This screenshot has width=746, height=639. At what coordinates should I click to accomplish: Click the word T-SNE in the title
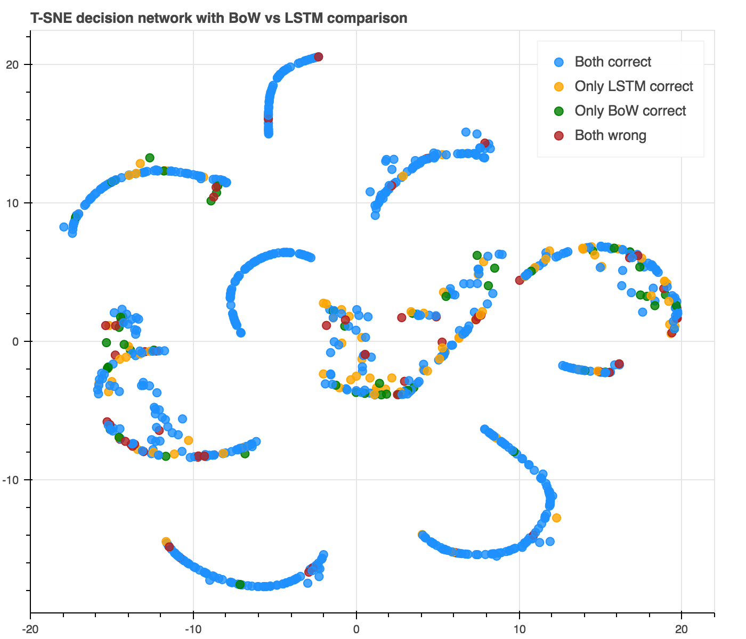[52, 18]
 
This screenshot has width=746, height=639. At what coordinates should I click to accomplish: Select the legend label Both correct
[613, 62]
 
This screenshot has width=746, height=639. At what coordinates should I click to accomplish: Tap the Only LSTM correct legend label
[634, 86]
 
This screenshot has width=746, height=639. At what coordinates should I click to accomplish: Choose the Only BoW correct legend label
[630, 111]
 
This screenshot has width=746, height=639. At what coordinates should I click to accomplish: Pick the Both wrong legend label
[610, 135]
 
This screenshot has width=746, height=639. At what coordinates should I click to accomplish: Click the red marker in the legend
[559, 135]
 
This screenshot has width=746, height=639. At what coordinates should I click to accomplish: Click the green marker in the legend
[559, 111]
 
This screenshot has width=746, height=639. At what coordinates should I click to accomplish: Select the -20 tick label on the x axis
[30, 628]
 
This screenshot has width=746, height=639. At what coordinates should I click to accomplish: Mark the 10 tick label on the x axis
[519, 628]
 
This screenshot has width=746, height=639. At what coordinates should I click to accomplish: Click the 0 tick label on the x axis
[356, 628]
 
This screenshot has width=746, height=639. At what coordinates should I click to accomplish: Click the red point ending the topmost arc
[319, 57]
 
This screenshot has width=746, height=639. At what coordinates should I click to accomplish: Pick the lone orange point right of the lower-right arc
[556, 518]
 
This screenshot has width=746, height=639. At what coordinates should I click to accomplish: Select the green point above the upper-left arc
[150, 158]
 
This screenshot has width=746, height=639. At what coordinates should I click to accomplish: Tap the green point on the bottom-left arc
[240, 584]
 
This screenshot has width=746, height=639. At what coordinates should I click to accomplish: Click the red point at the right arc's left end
[520, 280]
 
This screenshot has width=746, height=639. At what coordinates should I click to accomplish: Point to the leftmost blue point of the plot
[64, 227]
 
